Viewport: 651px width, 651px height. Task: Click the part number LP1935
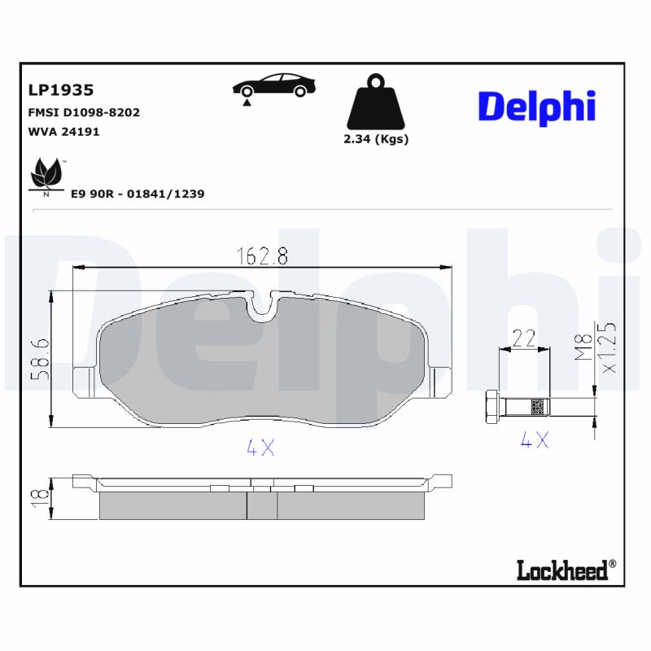(x=61, y=90)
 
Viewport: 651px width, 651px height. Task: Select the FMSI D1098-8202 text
(x=84, y=112)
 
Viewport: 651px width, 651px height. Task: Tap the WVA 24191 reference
(x=63, y=131)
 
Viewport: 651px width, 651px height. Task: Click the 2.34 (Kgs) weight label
(x=375, y=139)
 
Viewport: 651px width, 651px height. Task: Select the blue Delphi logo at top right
(x=536, y=107)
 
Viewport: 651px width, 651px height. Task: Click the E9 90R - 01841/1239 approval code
(x=137, y=194)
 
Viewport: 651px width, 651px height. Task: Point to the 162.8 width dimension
(x=262, y=256)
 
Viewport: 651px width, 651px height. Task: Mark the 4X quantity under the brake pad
(x=260, y=448)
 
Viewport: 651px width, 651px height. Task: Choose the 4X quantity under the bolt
(x=535, y=440)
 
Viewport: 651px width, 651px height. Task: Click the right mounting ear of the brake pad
(x=440, y=378)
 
